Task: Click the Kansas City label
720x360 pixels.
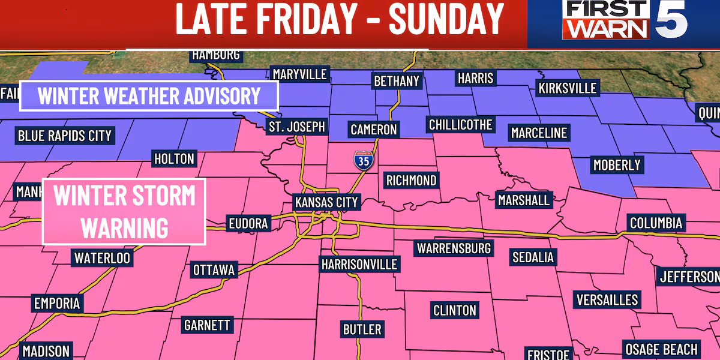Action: [x=326, y=202]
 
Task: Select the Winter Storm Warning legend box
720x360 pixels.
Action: [x=125, y=212]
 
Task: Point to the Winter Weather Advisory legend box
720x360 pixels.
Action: [x=149, y=96]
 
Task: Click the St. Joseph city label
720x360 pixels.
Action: [x=296, y=127]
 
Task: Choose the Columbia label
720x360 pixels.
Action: [x=656, y=223]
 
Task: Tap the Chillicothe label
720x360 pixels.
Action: [x=460, y=125]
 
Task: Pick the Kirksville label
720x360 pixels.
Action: [x=568, y=88]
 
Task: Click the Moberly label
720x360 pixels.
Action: [x=616, y=164]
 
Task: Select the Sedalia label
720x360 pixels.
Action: [x=533, y=257]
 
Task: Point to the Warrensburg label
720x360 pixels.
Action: [x=454, y=248]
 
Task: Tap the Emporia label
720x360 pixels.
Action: [x=57, y=303]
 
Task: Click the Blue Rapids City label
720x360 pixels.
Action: [x=65, y=136]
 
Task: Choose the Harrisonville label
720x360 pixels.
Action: [x=359, y=264]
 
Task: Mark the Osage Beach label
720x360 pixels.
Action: [x=661, y=349]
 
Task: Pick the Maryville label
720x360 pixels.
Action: [x=299, y=74]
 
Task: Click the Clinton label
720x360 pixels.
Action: [x=455, y=310]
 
